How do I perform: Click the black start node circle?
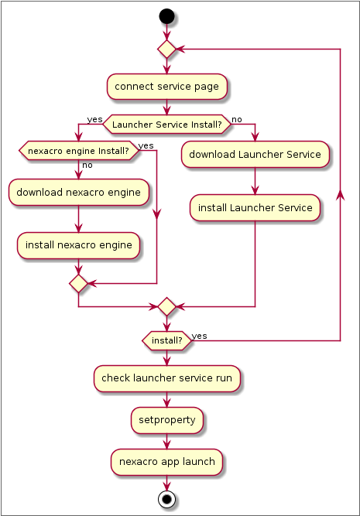(x=166, y=16)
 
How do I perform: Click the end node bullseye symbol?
(x=166, y=499)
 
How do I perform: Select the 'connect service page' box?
(x=167, y=87)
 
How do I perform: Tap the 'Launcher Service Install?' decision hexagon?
(x=167, y=125)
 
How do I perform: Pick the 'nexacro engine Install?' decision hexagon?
(x=78, y=151)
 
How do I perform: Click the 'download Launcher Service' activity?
(x=255, y=155)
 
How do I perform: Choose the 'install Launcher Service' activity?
(x=255, y=207)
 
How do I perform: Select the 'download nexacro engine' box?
(x=78, y=192)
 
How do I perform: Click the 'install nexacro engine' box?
(x=78, y=245)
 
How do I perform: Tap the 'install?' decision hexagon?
(x=167, y=340)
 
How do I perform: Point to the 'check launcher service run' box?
(x=167, y=378)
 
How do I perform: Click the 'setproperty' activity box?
(x=167, y=420)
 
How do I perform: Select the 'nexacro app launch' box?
(x=167, y=462)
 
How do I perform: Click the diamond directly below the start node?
(x=166, y=49)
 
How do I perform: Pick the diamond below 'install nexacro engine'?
(x=78, y=283)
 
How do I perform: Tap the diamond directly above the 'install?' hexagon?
(x=166, y=306)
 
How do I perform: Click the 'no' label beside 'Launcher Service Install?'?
(x=237, y=119)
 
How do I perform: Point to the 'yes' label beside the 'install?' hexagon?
(x=199, y=336)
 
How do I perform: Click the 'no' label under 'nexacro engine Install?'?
(x=87, y=166)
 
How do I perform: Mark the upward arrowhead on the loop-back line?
(x=340, y=195)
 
